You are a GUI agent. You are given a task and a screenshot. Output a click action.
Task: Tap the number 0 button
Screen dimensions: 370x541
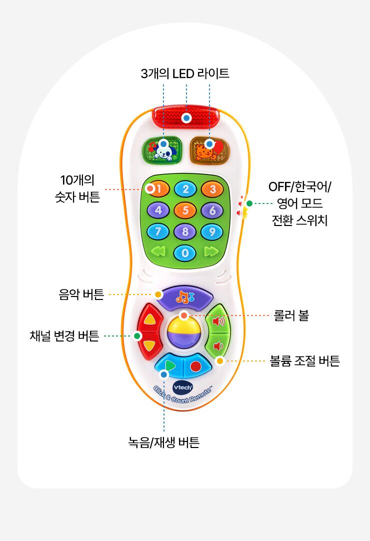pos(184,253)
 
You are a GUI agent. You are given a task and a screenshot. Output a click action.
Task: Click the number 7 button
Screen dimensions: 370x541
pos(157,231)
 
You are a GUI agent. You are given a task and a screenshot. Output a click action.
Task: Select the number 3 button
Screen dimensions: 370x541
pos(212,188)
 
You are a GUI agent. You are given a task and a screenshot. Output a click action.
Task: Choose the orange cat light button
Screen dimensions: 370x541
pos(210,150)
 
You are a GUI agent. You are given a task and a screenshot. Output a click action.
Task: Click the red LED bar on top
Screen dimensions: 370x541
pos(186,117)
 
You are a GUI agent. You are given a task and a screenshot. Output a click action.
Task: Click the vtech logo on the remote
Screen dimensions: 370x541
pos(182,387)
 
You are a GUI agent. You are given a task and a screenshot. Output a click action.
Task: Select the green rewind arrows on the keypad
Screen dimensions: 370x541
pos(158,251)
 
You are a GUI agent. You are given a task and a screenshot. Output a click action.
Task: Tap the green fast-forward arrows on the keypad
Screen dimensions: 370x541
pos(211,251)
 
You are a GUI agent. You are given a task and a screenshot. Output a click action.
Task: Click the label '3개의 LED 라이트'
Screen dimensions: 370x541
pos(185,73)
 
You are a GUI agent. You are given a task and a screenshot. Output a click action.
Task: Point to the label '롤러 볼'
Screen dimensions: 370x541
pos(291,315)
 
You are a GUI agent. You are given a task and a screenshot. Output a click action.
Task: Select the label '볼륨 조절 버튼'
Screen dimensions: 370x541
pos(305,361)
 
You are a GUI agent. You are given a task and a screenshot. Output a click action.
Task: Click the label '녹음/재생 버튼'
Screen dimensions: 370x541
pos(164,442)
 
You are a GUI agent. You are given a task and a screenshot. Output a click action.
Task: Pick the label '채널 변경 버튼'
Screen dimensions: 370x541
pos(64,335)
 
